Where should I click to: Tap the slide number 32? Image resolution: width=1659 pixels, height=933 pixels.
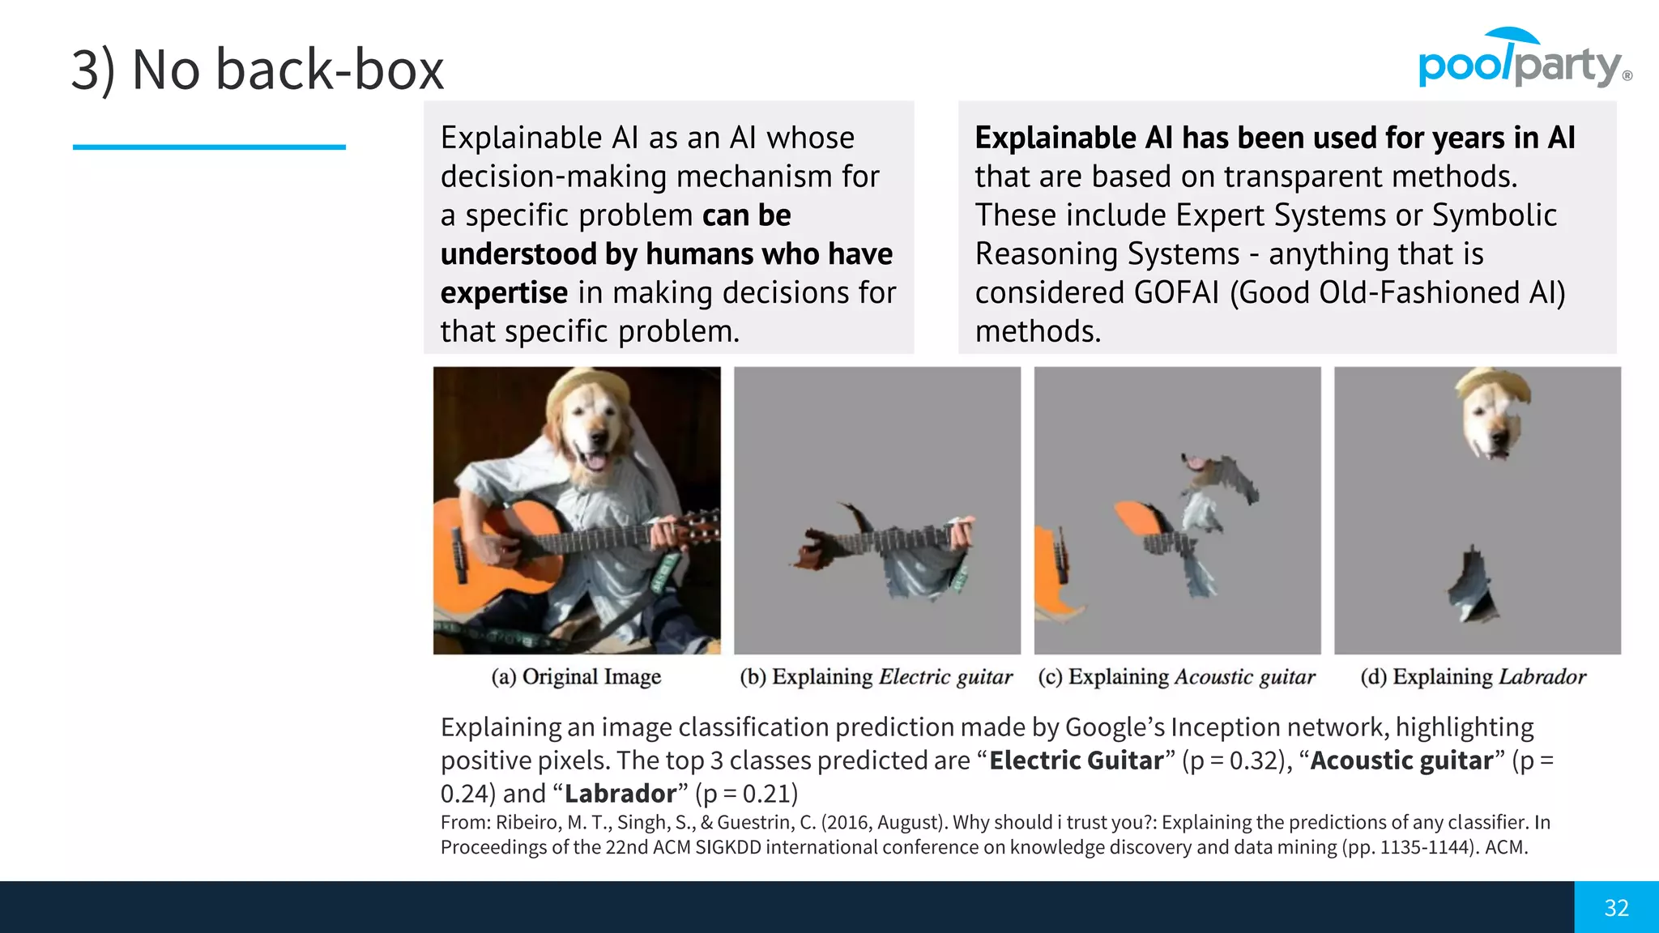pos(1616,908)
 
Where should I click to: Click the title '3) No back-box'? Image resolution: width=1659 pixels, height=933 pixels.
pos(258,70)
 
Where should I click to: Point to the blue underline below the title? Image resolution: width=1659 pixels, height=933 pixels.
pos(209,147)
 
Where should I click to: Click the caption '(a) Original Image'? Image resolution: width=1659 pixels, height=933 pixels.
pos(576,676)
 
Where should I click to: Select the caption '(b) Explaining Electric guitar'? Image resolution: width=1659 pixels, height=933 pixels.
pos(876,676)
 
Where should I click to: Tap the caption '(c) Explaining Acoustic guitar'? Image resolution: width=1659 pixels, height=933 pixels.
pos(1176,676)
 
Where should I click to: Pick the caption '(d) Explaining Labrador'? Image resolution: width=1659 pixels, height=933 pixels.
pos(1473,676)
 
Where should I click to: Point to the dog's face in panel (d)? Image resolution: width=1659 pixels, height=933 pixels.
pos(1492,421)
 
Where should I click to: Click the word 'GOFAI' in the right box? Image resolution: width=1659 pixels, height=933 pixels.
pos(1176,292)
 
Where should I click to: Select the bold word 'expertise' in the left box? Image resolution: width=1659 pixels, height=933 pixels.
pos(504,292)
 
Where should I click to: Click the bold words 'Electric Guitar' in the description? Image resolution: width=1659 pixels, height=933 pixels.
pos(1077,760)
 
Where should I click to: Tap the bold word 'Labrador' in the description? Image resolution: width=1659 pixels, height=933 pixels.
pos(621,794)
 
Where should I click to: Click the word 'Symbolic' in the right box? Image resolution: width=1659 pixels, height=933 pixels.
pos(1494,215)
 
